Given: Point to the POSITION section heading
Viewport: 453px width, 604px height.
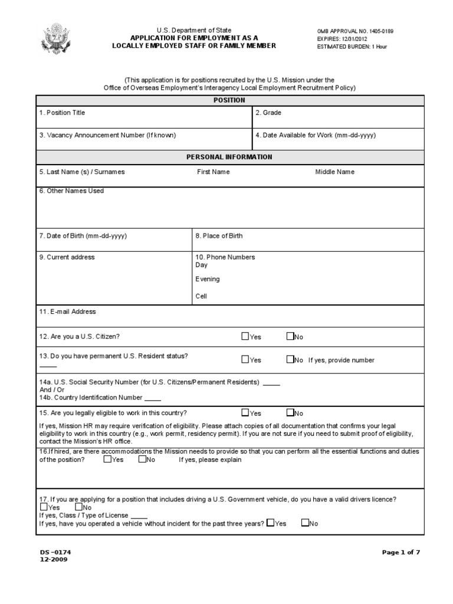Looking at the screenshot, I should coord(229,100).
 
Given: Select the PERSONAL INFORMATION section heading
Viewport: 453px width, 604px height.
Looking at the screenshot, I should coord(229,157).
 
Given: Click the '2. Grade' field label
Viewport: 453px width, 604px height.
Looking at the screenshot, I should coord(268,112).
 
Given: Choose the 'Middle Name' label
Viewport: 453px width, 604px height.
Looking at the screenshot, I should coord(335,172).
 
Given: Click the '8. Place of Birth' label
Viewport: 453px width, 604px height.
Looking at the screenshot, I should coord(219,236).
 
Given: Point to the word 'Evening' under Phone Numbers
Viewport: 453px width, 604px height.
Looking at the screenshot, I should coord(208,279).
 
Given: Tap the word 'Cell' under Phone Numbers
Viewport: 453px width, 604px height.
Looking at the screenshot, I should coord(201,297).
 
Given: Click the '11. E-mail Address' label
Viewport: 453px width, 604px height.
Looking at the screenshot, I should coord(67,311).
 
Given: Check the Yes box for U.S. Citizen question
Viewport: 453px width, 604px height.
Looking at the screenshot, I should coord(245,336).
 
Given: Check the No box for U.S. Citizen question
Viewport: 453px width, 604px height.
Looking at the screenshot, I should coord(290,336).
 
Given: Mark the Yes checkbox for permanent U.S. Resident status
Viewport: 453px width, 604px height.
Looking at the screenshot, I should coord(245,359).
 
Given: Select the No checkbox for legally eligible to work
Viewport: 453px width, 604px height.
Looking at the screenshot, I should coord(290,413).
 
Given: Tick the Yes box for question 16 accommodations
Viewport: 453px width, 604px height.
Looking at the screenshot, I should coord(107,459).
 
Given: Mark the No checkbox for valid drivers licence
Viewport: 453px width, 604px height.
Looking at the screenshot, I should coord(79,507).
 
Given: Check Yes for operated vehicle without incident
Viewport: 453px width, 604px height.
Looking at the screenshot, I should coord(270,523).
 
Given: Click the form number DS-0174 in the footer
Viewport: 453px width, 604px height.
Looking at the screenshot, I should coord(55,552).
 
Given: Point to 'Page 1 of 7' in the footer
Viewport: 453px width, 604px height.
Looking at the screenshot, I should coord(401,552).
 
